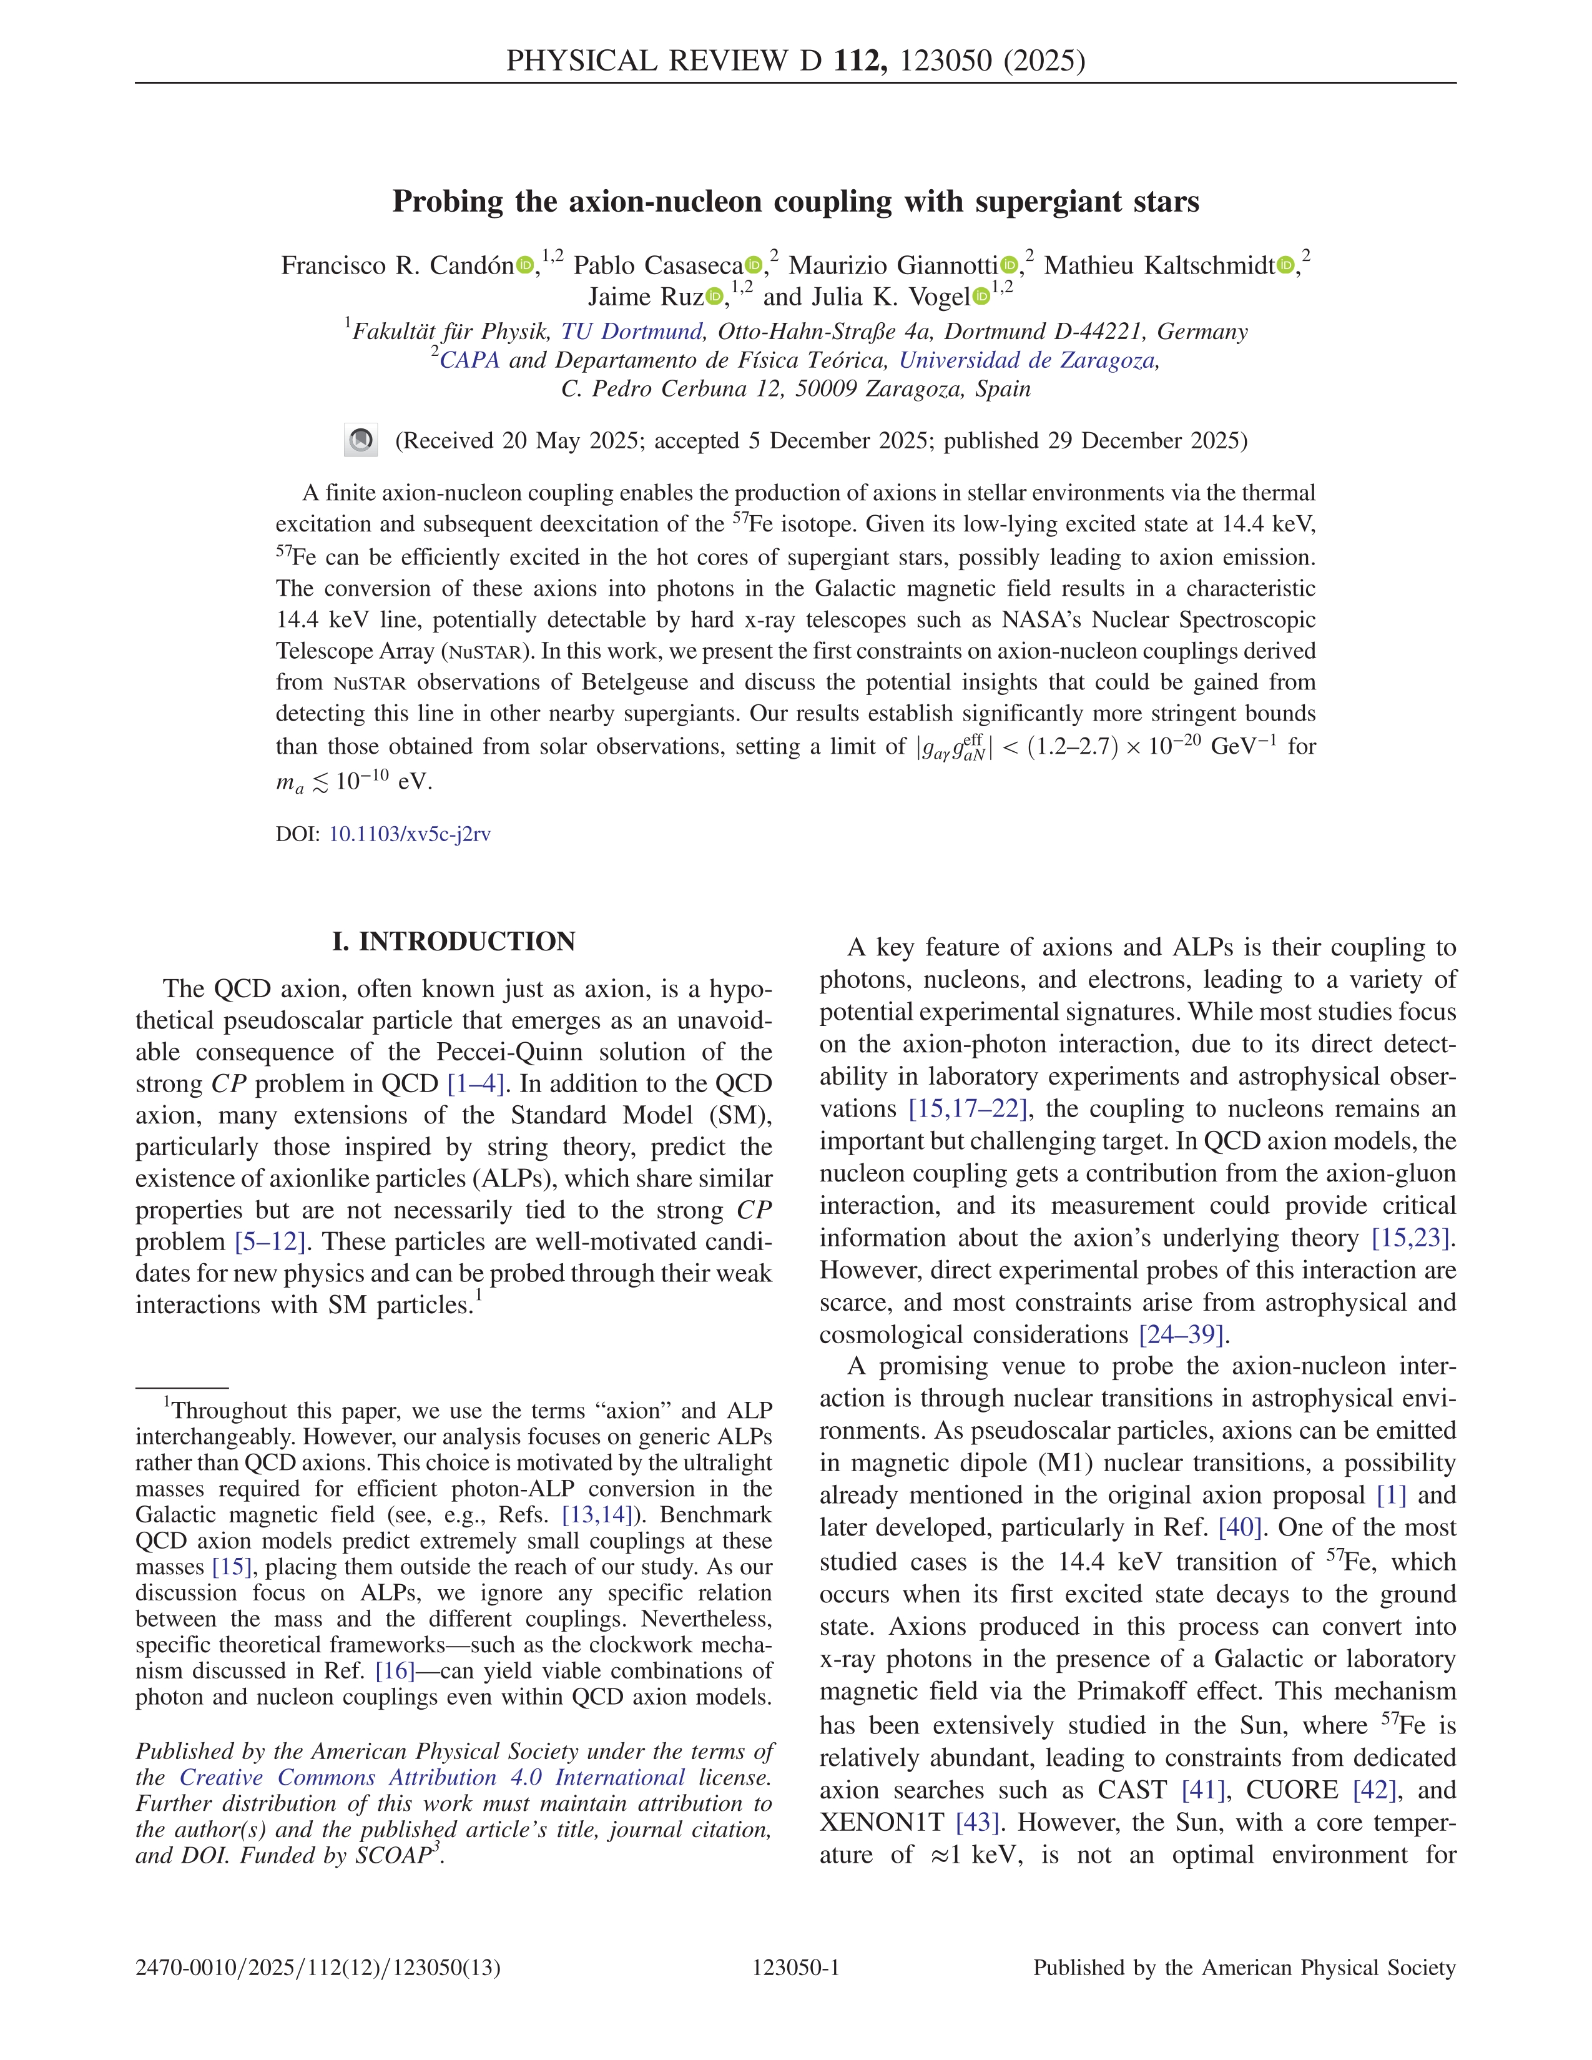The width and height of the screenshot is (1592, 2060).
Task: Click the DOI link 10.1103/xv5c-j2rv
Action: pos(410,834)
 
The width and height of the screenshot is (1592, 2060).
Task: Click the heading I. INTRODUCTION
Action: pos(454,942)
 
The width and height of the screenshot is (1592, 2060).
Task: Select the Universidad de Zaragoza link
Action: pos(1027,360)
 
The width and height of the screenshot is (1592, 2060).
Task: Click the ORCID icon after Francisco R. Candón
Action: pos(524,266)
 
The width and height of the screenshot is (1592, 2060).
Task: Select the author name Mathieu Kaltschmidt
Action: pos(1159,266)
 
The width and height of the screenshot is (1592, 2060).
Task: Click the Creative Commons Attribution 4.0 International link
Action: pos(432,1777)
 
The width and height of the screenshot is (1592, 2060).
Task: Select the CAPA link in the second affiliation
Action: pos(469,360)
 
